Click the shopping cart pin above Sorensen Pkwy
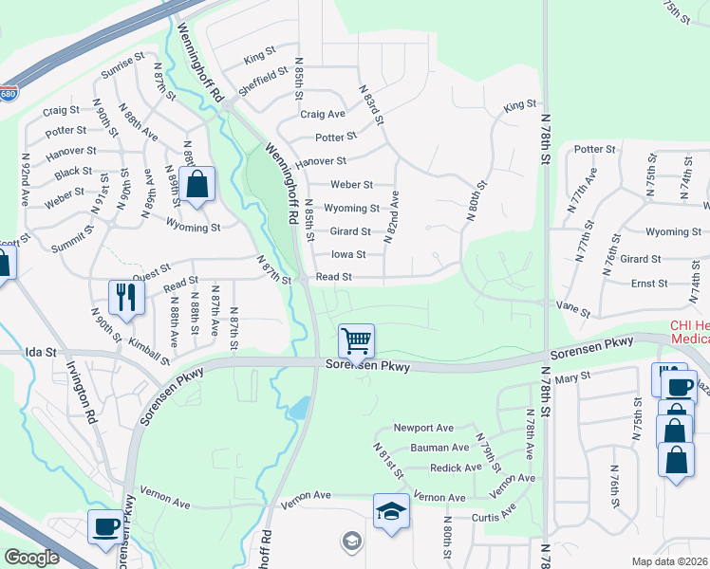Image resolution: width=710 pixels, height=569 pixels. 356,340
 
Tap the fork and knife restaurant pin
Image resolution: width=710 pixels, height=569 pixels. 125,297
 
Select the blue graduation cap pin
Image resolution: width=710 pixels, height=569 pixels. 391,511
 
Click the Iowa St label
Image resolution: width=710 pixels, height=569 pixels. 348,254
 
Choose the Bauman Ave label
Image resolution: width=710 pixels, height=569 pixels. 439,448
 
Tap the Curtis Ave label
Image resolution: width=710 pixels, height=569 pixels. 495,517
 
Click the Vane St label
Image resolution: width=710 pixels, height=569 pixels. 573,310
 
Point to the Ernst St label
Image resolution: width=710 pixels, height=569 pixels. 649,284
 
